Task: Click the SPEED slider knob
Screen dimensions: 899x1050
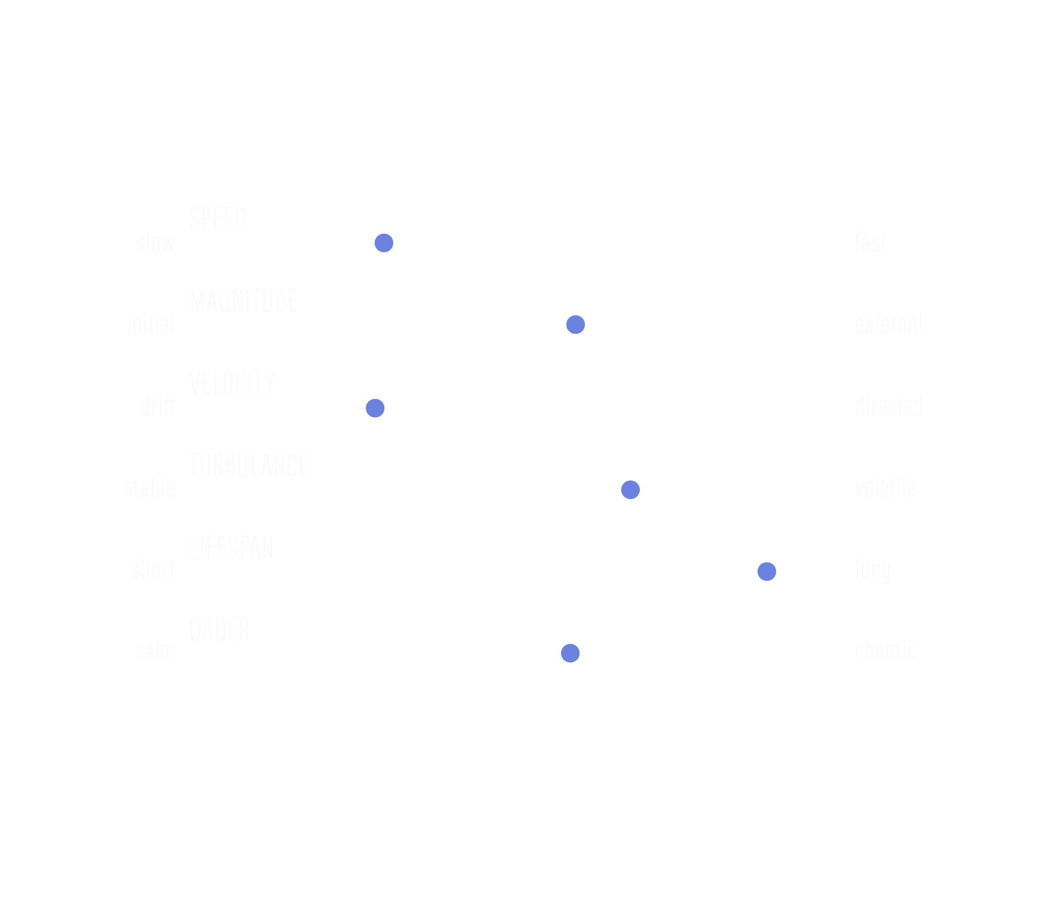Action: click(383, 243)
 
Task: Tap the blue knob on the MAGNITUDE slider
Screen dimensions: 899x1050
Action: click(575, 325)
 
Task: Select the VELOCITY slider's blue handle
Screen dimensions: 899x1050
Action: click(375, 408)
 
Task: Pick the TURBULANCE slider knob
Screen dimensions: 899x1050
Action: click(630, 490)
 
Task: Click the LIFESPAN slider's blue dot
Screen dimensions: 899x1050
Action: click(767, 571)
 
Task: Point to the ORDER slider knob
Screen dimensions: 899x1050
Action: click(570, 653)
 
